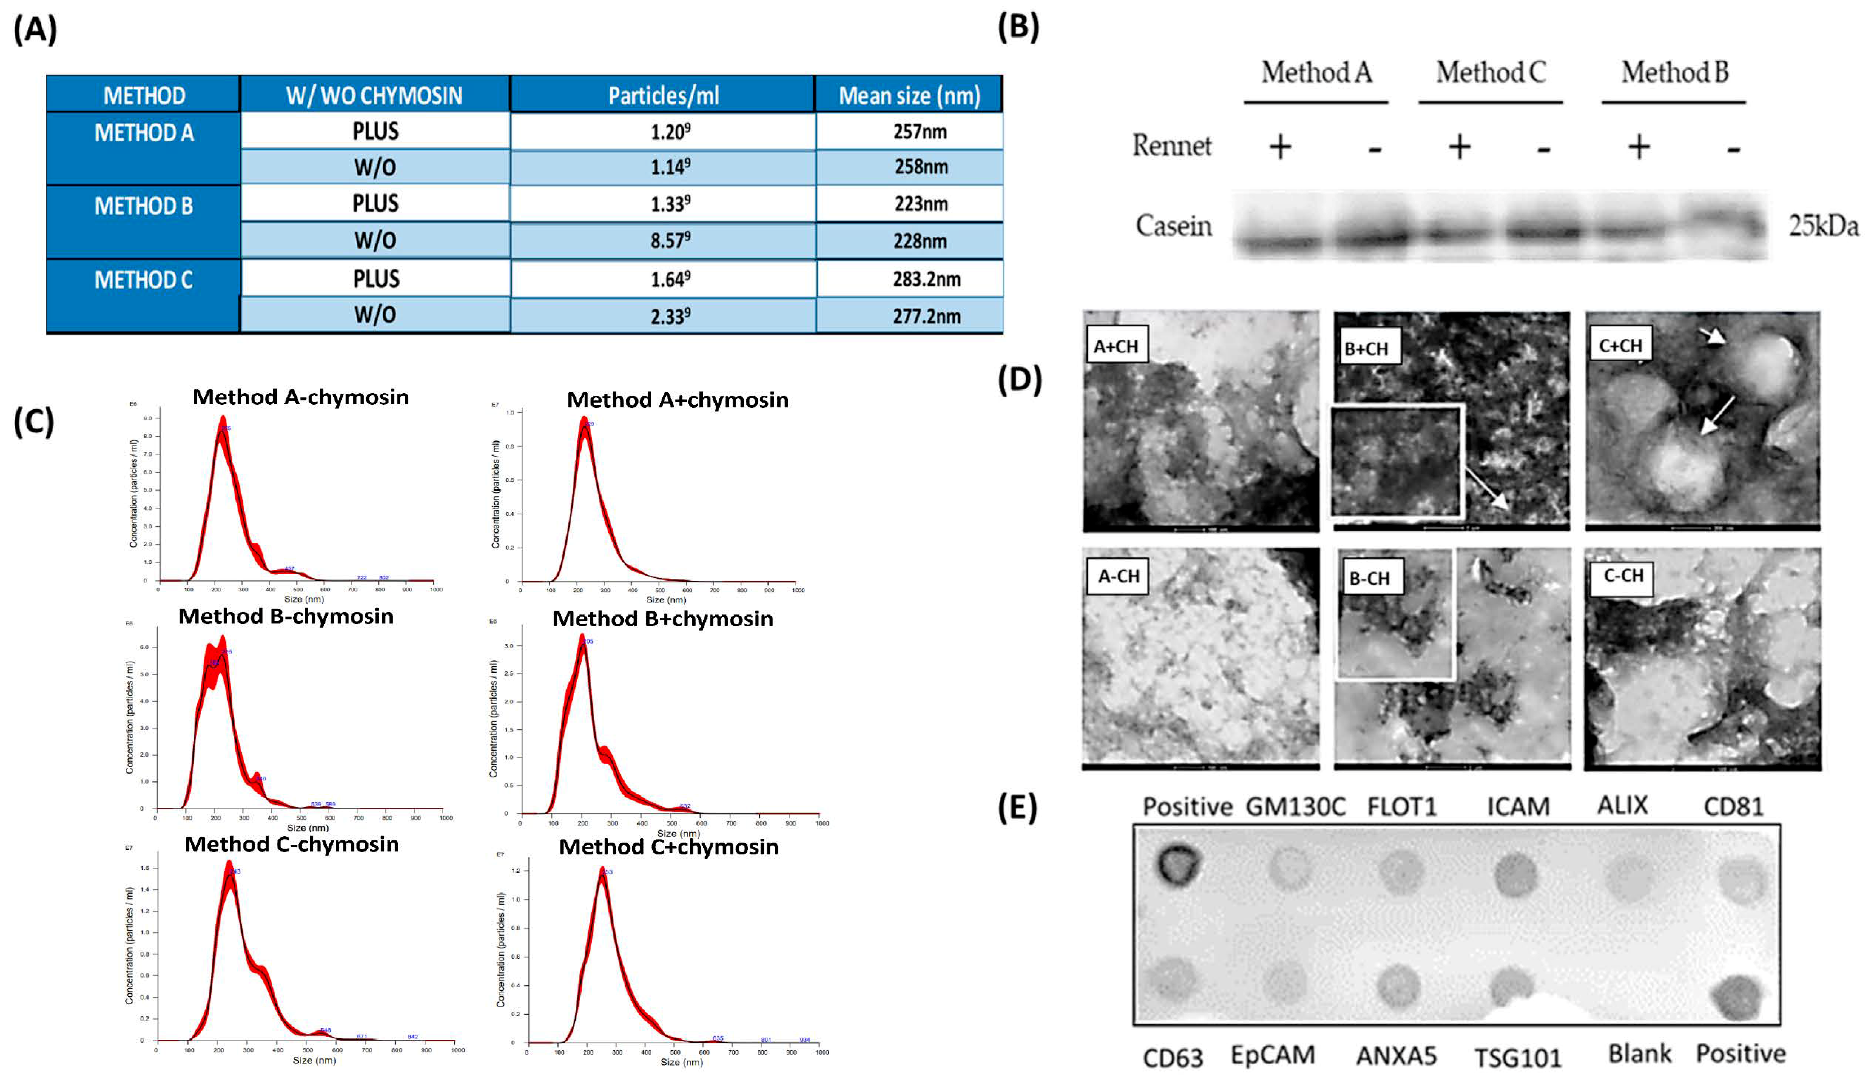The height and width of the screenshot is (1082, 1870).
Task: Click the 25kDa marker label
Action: coord(1823,226)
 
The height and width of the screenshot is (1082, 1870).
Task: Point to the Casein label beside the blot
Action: coord(1173,226)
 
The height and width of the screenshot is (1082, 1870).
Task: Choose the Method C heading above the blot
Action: coord(1490,73)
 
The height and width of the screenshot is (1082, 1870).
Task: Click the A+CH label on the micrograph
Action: coord(1116,346)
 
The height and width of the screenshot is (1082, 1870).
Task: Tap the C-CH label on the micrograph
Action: coord(1623,576)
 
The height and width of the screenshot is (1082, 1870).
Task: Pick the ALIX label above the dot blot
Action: coord(1622,805)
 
